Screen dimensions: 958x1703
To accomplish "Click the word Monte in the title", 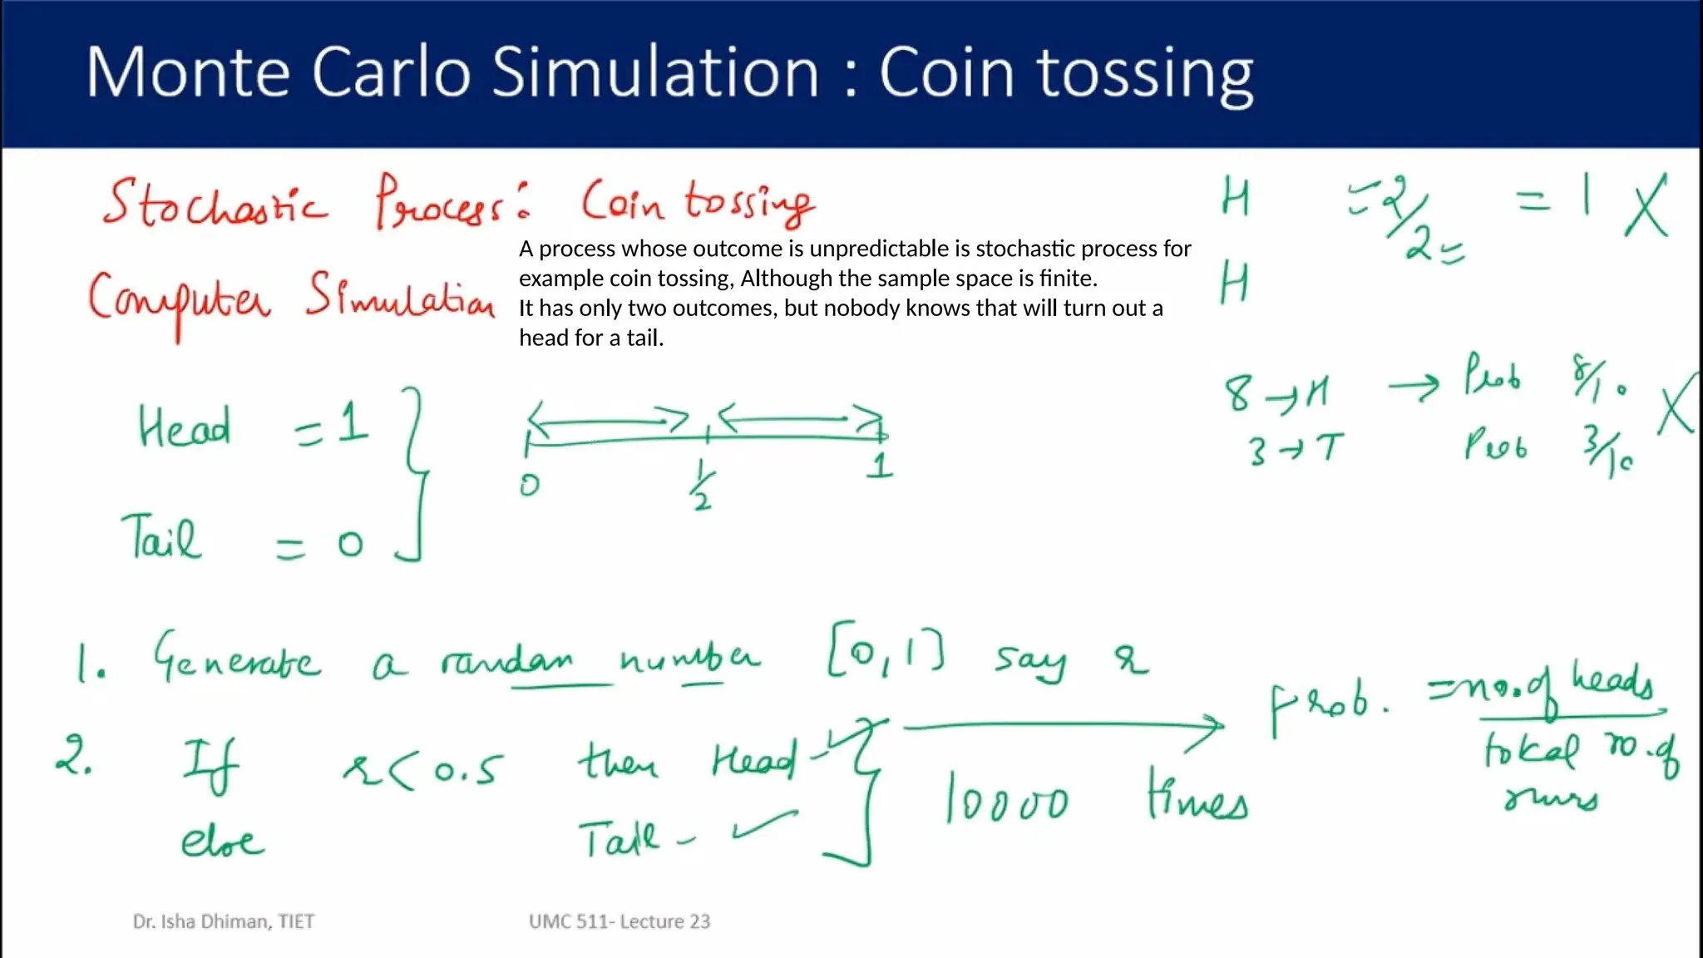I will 188,72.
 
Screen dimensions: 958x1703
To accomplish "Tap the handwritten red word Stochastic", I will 215,203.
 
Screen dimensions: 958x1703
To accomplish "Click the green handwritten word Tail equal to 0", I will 161,538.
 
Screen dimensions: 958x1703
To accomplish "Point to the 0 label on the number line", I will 530,484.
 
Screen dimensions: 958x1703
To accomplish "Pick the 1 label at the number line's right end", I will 880,466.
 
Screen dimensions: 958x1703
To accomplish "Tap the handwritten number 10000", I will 1007,799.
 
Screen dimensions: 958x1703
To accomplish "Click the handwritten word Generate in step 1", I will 236,659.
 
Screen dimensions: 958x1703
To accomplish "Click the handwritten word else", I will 222,842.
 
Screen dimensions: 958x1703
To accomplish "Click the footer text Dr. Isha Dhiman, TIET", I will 224,921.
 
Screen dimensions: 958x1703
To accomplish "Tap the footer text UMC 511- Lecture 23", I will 619,921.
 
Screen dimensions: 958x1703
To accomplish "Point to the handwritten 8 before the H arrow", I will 1237,394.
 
